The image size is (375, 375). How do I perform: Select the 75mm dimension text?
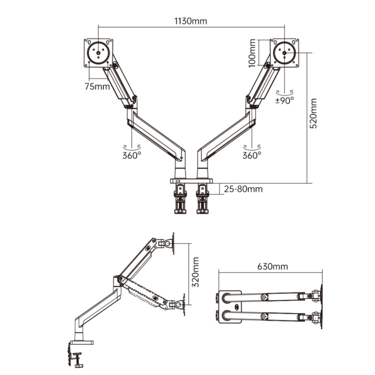click(x=96, y=86)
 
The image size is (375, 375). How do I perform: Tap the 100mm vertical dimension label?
click(x=252, y=52)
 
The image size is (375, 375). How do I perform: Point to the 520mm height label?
click(x=313, y=113)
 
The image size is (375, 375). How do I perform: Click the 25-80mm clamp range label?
click(x=243, y=189)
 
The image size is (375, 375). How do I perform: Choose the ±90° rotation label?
click(x=285, y=99)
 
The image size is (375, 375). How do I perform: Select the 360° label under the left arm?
click(x=132, y=155)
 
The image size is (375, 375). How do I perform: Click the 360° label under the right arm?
click(x=252, y=155)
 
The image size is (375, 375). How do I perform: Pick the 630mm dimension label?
click(x=272, y=266)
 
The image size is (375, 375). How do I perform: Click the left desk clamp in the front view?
click(x=179, y=197)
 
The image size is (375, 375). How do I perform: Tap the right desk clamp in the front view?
click(x=202, y=197)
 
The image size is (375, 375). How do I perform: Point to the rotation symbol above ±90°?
click(x=285, y=91)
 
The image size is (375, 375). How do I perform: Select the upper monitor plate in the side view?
click(x=172, y=243)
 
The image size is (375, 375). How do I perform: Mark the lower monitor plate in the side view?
click(x=183, y=304)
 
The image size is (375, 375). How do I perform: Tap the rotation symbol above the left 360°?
click(x=132, y=146)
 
